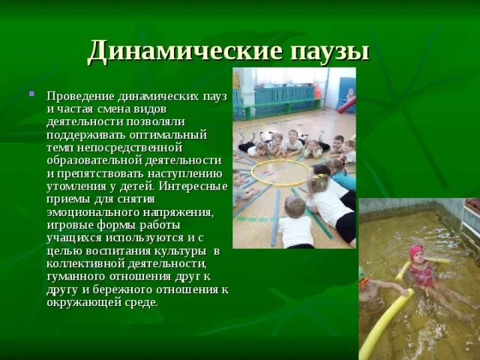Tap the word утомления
pos(74,187)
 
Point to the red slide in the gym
pos(346,104)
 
